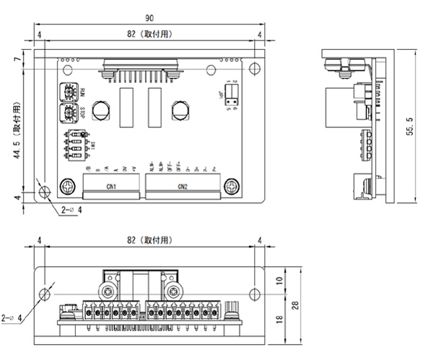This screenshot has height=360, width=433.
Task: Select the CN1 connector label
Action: point(111,188)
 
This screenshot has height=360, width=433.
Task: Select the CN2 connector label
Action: point(182,188)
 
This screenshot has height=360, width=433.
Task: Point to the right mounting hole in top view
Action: point(253,69)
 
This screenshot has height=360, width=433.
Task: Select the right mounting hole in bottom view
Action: point(254,293)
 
